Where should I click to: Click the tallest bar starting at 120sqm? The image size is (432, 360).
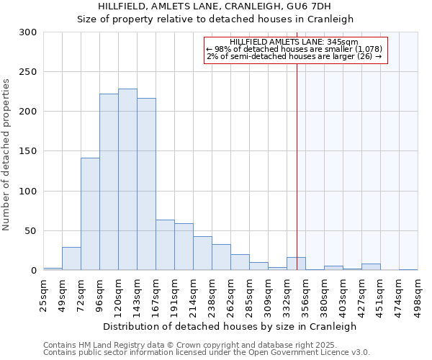pyautogui.click(x=127, y=180)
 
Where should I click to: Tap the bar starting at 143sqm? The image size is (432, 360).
pyautogui.click(x=146, y=184)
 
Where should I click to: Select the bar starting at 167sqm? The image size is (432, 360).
pyautogui.click(x=165, y=245)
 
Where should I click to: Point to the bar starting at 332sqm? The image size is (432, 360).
pyautogui.click(x=296, y=264)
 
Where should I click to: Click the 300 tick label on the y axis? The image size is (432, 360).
pyautogui.click(x=28, y=32)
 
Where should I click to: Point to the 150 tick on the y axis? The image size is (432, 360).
pyautogui.click(x=28, y=151)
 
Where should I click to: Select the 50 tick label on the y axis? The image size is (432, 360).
pyautogui.click(x=30, y=231)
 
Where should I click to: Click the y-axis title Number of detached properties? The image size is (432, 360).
pyautogui.click(x=7, y=155)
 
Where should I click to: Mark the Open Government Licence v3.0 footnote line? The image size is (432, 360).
pyautogui.click(x=207, y=353)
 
